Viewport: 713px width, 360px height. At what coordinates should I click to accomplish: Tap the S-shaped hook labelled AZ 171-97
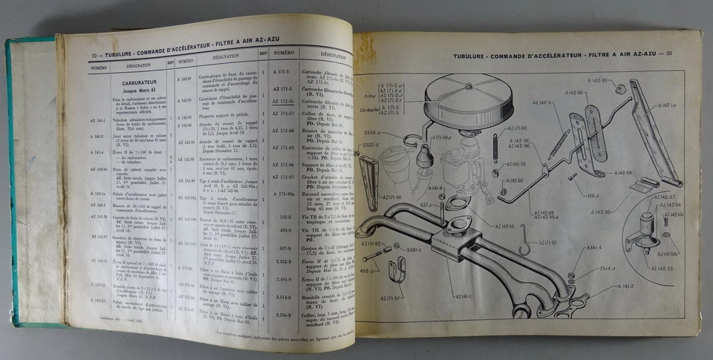tap(525, 244)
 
